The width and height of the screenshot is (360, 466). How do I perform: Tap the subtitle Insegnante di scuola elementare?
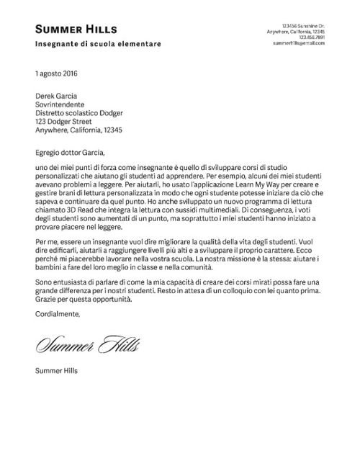tap(98, 45)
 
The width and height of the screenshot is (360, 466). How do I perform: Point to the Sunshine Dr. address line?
tap(303, 25)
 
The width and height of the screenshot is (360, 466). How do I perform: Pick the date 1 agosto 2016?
tap(57, 74)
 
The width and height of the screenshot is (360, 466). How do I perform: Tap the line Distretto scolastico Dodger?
tap(79, 113)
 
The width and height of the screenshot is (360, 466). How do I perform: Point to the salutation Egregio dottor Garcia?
tap(70, 152)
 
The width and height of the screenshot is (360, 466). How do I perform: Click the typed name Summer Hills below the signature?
tap(57, 372)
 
